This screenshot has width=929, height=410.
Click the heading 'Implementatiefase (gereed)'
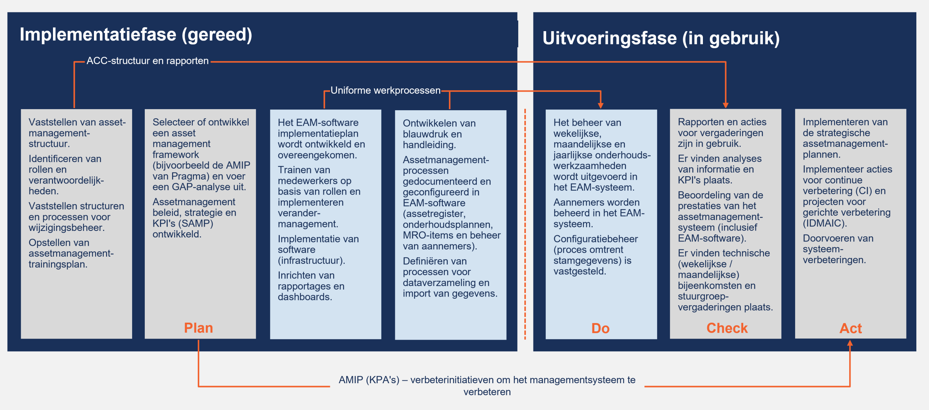(x=136, y=35)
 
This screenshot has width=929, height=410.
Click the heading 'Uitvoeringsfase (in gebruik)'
(x=661, y=38)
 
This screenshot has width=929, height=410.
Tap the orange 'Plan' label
(x=199, y=328)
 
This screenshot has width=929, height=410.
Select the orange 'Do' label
(x=601, y=328)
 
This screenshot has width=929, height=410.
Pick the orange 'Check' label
(x=727, y=328)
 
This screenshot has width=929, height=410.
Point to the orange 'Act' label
(x=850, y=328)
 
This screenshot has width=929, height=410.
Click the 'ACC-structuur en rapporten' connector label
(x=147, y=61)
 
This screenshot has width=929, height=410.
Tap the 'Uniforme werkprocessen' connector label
(x=385, y=90)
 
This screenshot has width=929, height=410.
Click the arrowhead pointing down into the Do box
(x=601, y=105)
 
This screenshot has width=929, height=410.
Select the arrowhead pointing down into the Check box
(x=726, y=105)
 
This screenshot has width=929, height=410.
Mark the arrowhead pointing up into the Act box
(x=850, y=343)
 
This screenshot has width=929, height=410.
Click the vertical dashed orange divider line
(x=525, y=225)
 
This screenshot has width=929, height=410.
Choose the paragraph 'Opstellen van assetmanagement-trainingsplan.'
(x=71, y=253)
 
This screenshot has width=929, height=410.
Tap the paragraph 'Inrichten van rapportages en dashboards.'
(x=311, y=286)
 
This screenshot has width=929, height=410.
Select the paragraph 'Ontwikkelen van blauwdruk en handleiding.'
(x=439, y=134)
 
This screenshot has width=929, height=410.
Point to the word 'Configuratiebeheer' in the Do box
(x=596, y=239)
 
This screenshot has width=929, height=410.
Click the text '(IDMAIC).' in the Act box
(x=824, y=223)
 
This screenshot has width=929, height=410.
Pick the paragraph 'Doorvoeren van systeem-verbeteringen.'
(x=838, y=249)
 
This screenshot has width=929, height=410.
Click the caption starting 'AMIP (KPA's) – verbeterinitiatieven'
(x=487, y=385)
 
